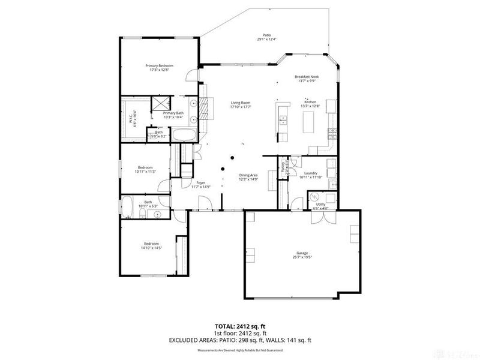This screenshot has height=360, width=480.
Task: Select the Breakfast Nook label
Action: pyautogui.click(x=306, y=77)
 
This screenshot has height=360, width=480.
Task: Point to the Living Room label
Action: pyautogui.click(x=241, y=103)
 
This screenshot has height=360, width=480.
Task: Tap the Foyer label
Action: pyautogui.click(x=202, y=182)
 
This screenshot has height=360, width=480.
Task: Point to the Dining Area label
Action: pyautogui.click(x=249, y=175)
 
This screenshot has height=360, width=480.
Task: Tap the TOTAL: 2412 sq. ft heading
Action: pyautogui.click(x=239, y=326)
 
